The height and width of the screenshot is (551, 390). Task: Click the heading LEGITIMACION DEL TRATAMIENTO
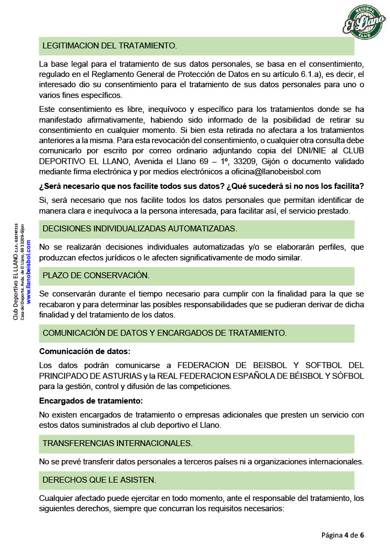[110, 46]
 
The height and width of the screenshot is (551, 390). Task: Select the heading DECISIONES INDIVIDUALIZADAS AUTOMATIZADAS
[140, 229]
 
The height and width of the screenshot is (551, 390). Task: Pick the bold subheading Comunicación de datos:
[85, 352]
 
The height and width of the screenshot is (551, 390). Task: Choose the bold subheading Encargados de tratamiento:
[91, 401]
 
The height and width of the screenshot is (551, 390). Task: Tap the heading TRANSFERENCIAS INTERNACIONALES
[117, 443]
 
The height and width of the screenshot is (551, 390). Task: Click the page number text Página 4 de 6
[343, 535]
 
